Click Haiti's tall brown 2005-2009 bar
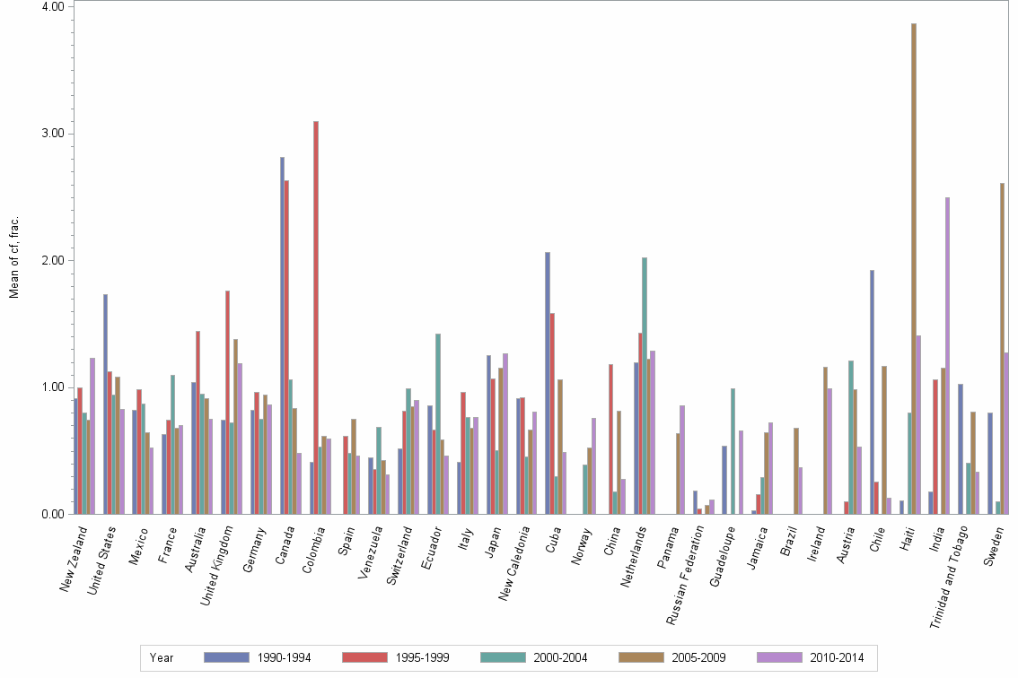coord(914,269)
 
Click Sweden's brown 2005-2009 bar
coord(1002,349)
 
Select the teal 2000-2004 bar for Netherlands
coord(645,386)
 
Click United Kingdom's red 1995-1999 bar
coord(227,403)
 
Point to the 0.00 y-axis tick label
coord(51,515)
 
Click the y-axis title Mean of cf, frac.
coord(13,260)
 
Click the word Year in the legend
coord(162,658)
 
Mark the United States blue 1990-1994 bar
coord(105,404)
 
